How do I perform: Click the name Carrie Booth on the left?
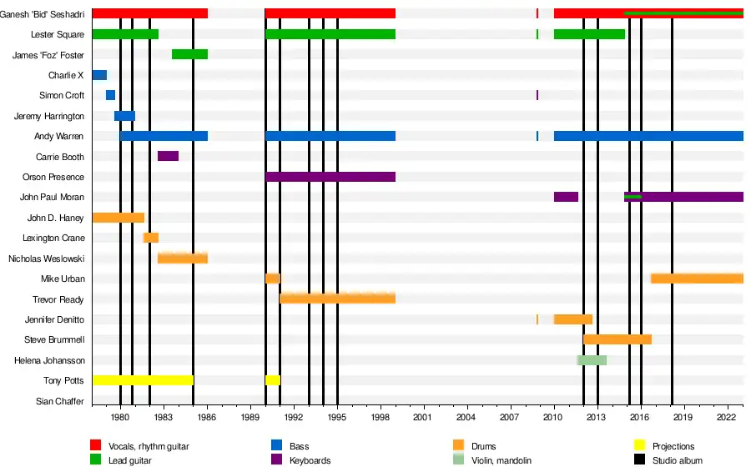click(59, 157)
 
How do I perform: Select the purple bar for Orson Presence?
click(330, 177)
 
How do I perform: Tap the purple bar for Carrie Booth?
click(168, 156)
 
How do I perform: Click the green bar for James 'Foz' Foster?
click(189, 54)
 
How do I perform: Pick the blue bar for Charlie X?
click(99, 75)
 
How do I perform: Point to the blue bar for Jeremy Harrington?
click(124, 116)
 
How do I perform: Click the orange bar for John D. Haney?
click(118, 218)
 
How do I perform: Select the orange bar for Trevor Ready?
click(337, 299)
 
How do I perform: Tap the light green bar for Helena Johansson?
click(592, 360)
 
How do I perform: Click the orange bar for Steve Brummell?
click(617, 339)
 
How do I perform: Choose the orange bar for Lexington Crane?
click(151, 238)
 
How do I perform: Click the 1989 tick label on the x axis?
click(250, 416)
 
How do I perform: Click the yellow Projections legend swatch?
click(640, 446)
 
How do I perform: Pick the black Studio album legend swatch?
click(640, 460)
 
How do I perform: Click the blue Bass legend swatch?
click(278, 446)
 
